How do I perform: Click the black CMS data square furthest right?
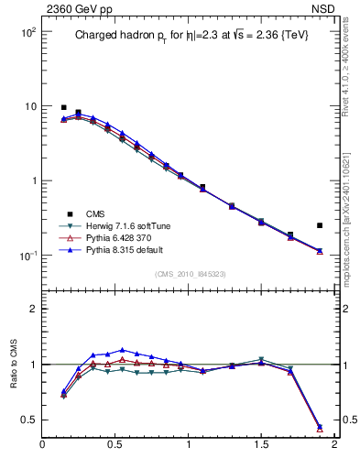[x=320, y=225]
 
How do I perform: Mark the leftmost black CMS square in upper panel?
[x=64, y=107]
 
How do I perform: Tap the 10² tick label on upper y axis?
[x=28, y=32]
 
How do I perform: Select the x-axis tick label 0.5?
[x=115, y=445]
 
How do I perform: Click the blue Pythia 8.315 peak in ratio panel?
[x=123, y=350]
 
